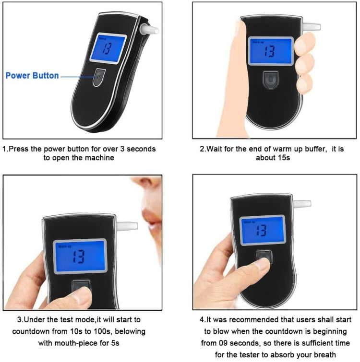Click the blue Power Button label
point(33,75)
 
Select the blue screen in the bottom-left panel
point(79,257)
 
